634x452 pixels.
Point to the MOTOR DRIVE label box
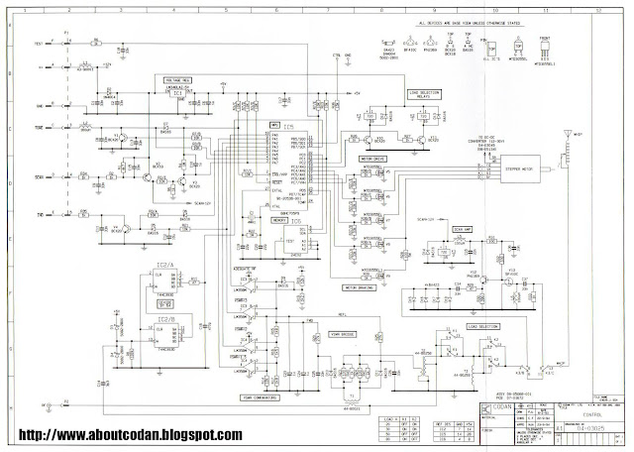click(371, 157)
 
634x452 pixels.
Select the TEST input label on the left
click(39, 44)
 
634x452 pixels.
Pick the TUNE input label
click(39, 128)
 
